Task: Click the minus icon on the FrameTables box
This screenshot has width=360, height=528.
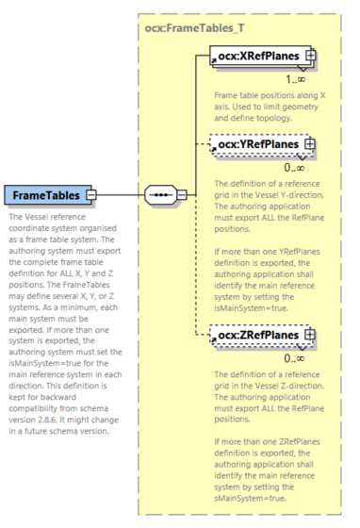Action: point(91,195)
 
